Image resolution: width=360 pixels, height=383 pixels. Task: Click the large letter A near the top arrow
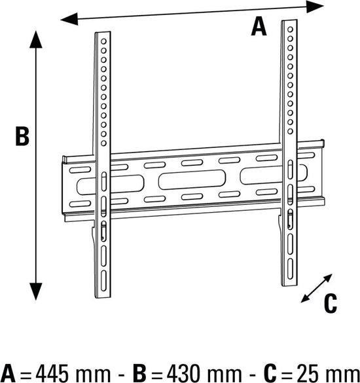(x=259, y=27)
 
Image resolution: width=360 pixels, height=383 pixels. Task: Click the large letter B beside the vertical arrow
(x=22, y=136)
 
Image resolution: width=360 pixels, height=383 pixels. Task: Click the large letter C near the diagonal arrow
(x=331, y=303)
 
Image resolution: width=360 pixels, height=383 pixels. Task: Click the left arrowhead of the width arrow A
(x=69, y=19)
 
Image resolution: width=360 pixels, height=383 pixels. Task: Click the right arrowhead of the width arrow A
(x=315, y=7)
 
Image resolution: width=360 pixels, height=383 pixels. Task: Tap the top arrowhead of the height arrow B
(x=36, y=39)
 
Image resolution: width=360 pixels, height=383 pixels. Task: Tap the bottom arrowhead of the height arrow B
(x=36, y=291)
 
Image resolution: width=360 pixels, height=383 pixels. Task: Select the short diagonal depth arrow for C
(x=316, y=288)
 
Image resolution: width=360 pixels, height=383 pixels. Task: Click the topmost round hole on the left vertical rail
(x=103, y=41)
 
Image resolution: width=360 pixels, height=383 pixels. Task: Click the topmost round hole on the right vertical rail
(x=290, y=29)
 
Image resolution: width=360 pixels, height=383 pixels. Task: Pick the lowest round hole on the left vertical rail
(x=103, y=143)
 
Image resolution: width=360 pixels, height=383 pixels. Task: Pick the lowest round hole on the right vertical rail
(x=290, y=132)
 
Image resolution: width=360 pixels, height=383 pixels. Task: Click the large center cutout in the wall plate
(x=192, y=179)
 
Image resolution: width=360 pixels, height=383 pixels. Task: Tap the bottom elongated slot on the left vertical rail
(x=103, y=281)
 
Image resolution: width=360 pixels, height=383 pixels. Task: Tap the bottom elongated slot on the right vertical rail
(x=290, y=268)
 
